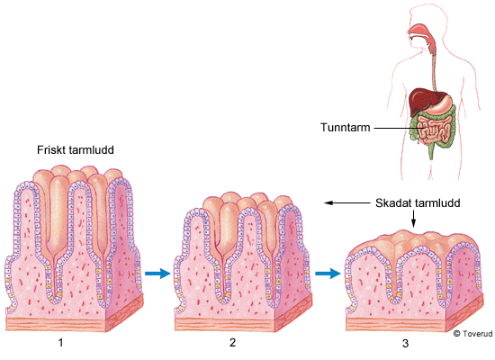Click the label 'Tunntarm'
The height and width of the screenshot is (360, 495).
pos(346,127)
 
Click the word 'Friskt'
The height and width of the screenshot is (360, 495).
pos(50,149)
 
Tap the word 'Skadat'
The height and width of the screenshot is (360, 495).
pos(393,202)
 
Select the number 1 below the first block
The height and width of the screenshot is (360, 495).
pos(60,342)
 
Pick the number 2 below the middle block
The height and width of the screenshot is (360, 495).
pos(233,342)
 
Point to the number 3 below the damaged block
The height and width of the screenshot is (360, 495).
pos(406,343)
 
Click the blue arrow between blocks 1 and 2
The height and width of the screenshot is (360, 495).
pos(157,273)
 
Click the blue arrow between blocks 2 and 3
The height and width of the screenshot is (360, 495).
pos(328,273)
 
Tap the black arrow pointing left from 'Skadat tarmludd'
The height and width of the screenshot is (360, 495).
pos(347,202)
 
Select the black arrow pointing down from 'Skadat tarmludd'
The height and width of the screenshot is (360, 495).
pos(414,219)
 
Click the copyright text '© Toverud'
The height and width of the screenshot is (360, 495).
pos(472,334)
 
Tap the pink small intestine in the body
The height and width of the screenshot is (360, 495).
pos(433,130)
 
